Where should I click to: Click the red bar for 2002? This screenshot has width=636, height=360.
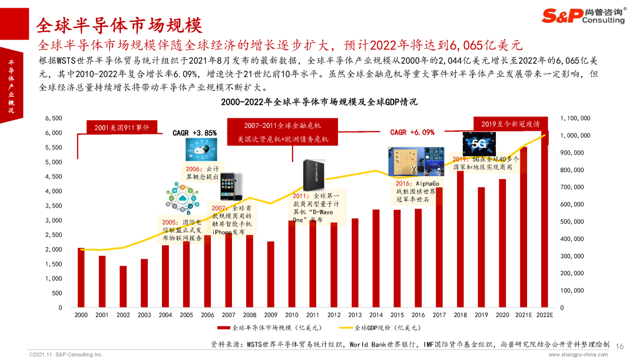[x=123, y=286]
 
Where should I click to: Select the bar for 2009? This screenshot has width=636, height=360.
[x=270, y=275]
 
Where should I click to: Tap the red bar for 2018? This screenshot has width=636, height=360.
[x=461, y=239]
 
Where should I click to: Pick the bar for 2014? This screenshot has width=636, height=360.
[x=376, y=259]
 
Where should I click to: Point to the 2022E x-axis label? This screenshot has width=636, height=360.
[x=544, y=315]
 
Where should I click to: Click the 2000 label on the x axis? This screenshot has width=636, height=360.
[x=81, y=315]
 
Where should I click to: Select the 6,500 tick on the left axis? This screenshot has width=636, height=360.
[x=54, y=118]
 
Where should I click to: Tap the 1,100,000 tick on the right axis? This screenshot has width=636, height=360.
[x=575, y=118]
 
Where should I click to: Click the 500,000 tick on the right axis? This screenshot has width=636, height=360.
[x=572, y=222]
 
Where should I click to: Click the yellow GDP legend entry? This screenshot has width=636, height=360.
[x=380, y=328]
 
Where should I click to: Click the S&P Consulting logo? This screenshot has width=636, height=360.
[x=584, y=16]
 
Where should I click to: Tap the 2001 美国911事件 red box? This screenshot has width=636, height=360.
[x=122, y=127]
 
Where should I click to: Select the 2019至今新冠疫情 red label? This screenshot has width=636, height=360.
[x=510, y=124]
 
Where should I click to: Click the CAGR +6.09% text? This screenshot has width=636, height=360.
[x=412, y=133]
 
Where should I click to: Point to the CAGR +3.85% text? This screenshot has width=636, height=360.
[x=195, y=133]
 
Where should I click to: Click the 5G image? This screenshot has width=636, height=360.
[x=479, y=144]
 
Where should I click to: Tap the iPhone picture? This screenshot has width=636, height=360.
[x=231, y=186]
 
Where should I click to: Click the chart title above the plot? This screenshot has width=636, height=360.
[x=319, y=102]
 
